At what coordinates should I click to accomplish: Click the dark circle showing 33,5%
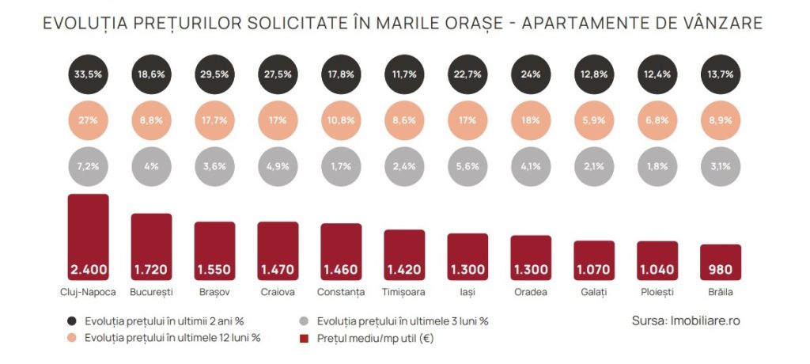(x=88, y=75)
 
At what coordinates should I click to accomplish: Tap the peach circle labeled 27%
(x=88, y=121)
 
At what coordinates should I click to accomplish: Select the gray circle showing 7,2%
(x=88, y=166)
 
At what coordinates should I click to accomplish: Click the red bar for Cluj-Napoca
(x=88, y=237)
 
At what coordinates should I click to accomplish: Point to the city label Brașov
(x=214, y=292)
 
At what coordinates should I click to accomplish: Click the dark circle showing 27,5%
(x=278, y=75)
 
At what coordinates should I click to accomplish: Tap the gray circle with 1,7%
(x=341, y=166)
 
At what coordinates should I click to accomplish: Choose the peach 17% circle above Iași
(x=467, y=121)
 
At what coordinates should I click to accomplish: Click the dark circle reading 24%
(x=531, y=75)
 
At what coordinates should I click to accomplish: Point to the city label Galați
(x=594, y=292)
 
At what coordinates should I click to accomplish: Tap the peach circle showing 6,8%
(x=657, y=121)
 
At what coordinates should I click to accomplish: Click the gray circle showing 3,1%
(x=721, y=166)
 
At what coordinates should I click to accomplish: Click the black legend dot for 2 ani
(x=73, y=321)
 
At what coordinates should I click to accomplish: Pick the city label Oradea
(x=531, y=292)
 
